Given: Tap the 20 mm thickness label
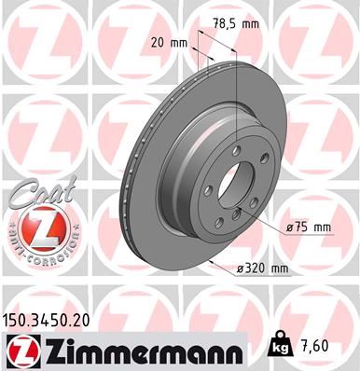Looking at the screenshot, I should pyautogui.click(x=168, y=43).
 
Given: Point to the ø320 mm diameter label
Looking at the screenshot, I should pyautogui.click(x=262, y=268).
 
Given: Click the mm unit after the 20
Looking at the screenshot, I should pyautogui.click(x=180, y=43).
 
